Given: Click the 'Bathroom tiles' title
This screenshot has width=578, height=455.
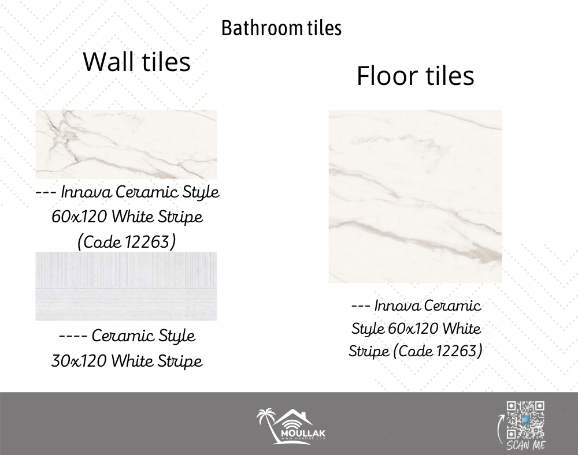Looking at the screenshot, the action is [x=281, y=28].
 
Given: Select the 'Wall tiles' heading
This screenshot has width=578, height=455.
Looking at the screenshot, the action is [x=137, y=61].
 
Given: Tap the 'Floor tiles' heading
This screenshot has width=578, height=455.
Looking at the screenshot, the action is [x=415, y=76].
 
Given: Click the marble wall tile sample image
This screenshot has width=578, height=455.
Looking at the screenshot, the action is [x=126, y=144].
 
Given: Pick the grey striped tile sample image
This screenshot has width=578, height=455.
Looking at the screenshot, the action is [x=126, y=286].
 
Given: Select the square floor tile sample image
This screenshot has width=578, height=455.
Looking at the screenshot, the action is [x=416, y=196].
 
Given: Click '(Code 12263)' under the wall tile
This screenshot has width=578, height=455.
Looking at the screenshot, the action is [x=127, y=242].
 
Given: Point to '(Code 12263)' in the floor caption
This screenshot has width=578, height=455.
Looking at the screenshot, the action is [x=438, y=350].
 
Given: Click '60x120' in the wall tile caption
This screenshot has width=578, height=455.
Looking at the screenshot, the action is [x=79, y=217].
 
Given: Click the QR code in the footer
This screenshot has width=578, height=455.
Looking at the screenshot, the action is [x=525, y=420].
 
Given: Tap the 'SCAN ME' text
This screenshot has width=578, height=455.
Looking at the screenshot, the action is [x=525, y=445].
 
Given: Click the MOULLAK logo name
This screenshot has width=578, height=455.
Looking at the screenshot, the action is [x=303, y=433].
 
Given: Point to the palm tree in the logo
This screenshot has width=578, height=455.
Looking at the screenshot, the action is [x=266, y=424].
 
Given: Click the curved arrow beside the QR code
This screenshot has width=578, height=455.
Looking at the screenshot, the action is [x=499, y=428].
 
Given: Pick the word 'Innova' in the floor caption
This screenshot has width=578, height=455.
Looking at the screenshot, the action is [x=398, y=305].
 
